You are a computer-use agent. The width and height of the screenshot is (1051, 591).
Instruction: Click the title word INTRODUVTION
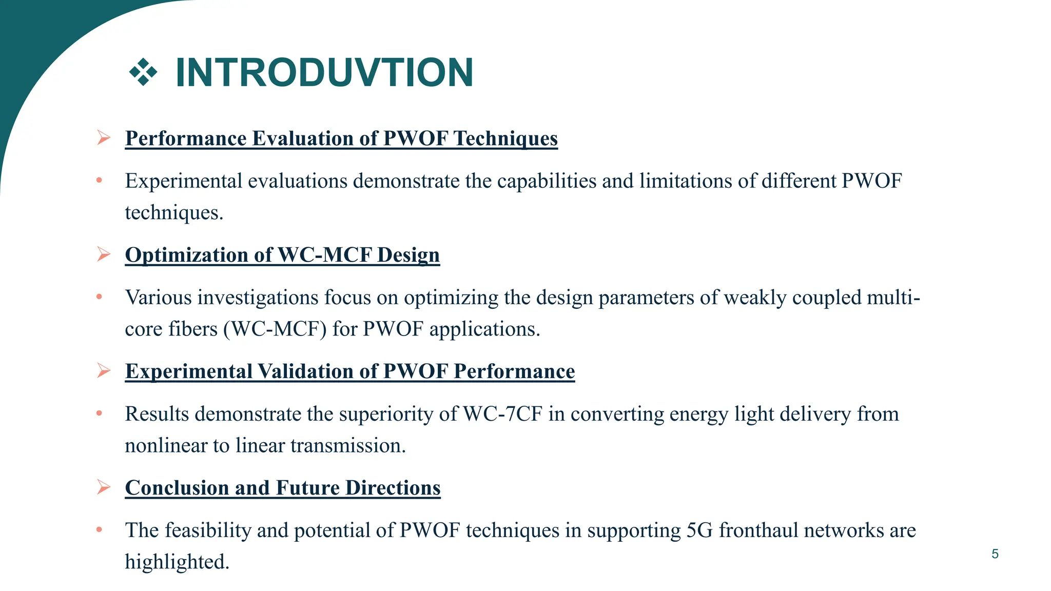pos(324,73)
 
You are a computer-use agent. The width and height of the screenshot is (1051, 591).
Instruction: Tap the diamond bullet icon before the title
pos(143,72)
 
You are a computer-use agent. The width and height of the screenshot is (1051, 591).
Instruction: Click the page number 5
pos(995,554)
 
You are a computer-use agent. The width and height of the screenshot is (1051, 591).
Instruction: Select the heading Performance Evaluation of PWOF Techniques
pos(341,139)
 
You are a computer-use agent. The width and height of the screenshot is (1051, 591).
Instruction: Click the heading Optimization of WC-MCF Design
pos(282,255)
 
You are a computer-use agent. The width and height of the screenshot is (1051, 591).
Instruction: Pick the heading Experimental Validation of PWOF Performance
pos(349,371)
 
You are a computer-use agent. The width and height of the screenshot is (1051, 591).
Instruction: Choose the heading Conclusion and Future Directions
pos(283,488)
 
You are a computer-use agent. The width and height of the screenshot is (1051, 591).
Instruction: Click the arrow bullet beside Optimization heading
pos(104,254)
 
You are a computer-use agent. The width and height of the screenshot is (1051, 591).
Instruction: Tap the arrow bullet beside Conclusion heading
pos(104,487)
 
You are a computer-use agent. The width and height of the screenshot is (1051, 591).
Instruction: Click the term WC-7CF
pos(502,414)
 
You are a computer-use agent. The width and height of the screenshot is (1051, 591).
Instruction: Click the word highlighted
pos(177,562)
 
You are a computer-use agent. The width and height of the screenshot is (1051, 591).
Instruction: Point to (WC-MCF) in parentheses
pos(275,329)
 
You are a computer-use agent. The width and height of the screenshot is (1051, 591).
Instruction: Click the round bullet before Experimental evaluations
pos(99,181)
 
